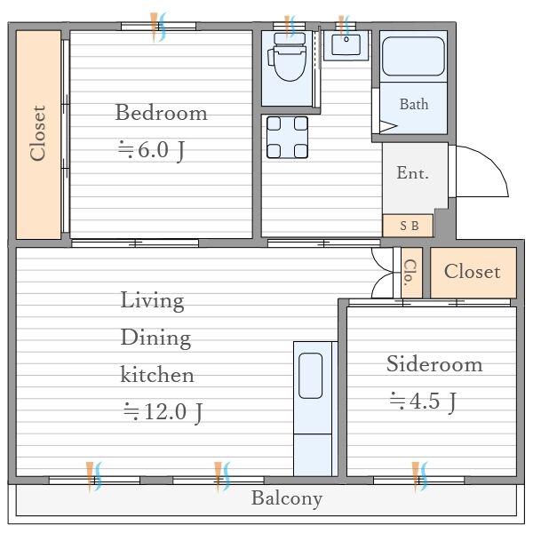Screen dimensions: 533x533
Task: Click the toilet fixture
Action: click(288, 57)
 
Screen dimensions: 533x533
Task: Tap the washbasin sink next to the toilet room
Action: click(346, 45)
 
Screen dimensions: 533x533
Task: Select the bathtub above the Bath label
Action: click(413, 56)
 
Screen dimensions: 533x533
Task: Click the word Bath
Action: click(414, 104)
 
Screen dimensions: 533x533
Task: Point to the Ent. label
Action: click(412, 172)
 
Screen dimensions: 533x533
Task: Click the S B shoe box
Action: click(408, 226)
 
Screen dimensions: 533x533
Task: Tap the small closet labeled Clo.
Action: click(411, 273)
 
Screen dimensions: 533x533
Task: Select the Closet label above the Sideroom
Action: click(473, 272)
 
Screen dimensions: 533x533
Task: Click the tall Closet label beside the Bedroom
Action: click(38, 133)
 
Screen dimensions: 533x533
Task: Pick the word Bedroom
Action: click(161, 113)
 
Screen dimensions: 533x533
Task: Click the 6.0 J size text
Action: click(152, 150)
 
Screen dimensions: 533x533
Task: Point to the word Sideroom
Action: click(434, 364)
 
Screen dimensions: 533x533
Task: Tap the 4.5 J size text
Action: click(423, 402)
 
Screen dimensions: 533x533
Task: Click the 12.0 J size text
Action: click(163, 412)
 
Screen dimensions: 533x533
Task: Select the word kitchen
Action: click(157, 374)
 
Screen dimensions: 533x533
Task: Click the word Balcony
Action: click(287, 498)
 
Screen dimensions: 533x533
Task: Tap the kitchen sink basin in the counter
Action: click(310, 376)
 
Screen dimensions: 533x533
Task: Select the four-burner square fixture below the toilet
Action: click(287, 138)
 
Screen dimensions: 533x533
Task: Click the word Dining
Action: click(155, 338)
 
